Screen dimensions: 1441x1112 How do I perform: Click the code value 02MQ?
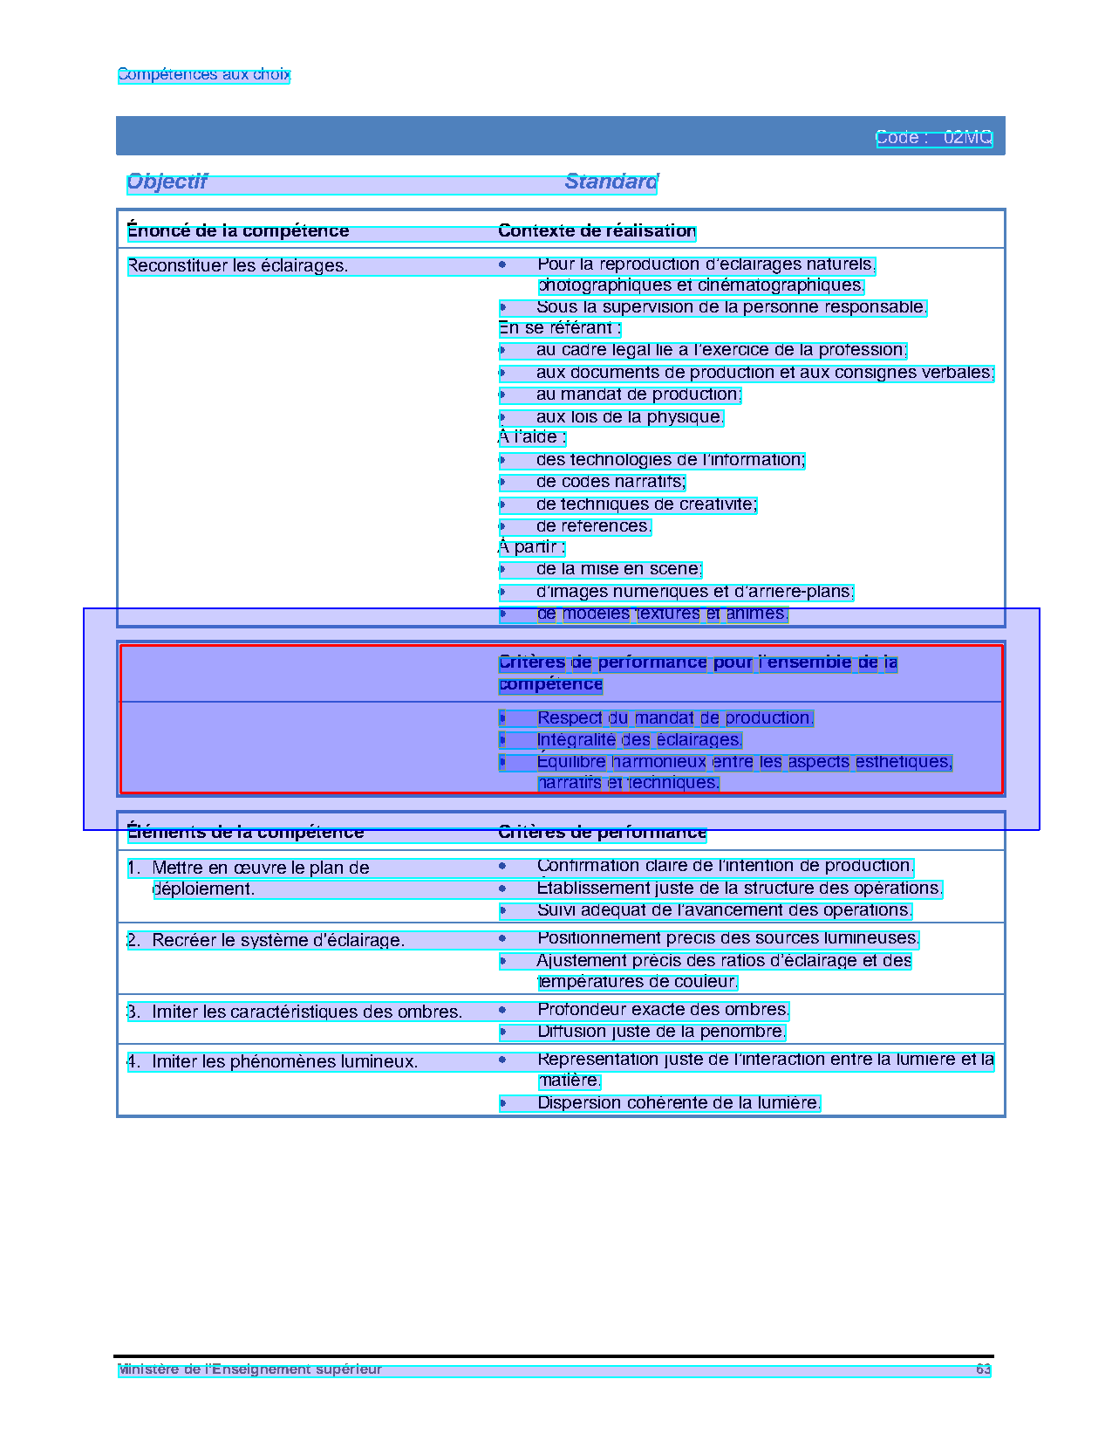(967, 138)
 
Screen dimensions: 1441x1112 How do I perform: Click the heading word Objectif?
(167, 182)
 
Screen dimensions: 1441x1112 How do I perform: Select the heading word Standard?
(611, 182)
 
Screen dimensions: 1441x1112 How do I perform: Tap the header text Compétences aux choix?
(203, 75)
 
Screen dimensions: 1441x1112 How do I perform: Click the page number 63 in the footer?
(983, 1369)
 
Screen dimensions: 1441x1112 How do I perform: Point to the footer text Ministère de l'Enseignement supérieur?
(250, 1369)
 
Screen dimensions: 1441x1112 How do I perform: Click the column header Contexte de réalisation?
(597, 231)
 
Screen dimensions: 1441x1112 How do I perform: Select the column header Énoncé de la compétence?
(238, 231)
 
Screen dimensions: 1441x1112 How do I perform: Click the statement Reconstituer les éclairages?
(237, 266)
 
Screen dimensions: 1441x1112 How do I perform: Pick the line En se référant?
(559, 328)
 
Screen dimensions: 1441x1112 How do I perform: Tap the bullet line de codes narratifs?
(611, 482)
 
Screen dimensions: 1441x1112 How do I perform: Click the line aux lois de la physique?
(630, 417)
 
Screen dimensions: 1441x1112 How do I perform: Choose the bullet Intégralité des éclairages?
(639, 740)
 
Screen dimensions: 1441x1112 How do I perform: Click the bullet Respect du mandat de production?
(674, 718)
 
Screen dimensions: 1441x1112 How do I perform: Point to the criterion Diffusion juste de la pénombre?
(661, 1032)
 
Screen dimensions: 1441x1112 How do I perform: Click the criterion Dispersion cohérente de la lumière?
(679, 1103)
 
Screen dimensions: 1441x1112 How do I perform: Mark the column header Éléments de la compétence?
(245, 833)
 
